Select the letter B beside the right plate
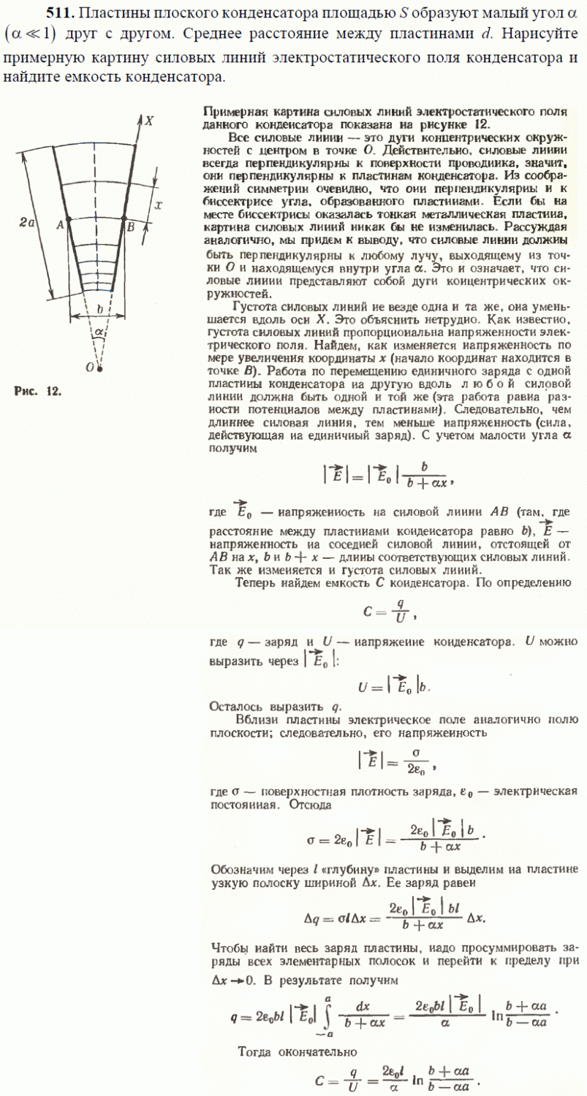click(x=130, y=227)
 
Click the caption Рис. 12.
click(x=38, y=390)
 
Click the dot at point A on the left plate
click(x=69, y=219)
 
